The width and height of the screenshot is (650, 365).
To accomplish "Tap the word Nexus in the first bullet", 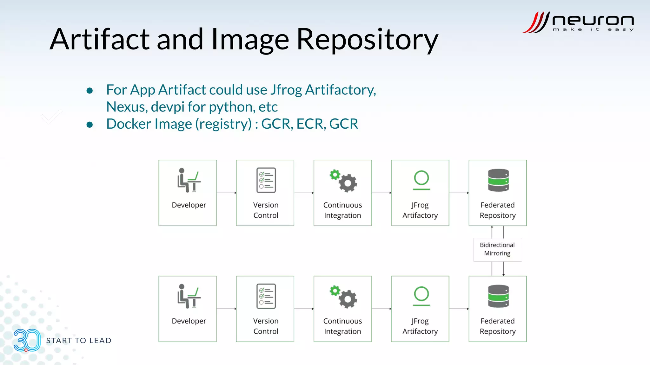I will (x=125, y=107).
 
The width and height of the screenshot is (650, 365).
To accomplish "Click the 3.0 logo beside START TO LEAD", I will (x=27, y=340).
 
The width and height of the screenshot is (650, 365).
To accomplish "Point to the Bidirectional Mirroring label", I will (x=497, y=249).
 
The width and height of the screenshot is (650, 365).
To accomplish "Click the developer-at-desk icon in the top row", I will (x=189, y=180).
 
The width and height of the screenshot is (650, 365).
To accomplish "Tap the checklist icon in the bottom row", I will (x=266, y=296).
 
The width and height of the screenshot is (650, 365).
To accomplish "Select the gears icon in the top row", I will (x=343, y=181).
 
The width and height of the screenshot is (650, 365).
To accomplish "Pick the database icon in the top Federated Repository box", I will (x=498, y=180).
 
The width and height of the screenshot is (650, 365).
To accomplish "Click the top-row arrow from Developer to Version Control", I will (x=226, y=193).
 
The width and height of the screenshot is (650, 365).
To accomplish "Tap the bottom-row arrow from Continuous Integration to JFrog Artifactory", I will (x=381, y=309).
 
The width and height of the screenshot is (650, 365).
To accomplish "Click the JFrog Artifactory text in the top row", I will (x=420, y=210).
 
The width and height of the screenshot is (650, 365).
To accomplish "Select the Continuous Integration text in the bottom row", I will (x=342, y=326).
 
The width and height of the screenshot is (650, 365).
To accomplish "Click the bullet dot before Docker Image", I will (x=90, y=125).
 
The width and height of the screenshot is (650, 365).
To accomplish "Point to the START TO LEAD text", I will (x=79, y=341).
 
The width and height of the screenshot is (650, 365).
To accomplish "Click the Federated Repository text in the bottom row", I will (x=497, y=326).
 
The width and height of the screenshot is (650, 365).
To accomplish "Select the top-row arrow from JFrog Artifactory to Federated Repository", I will (x=459, y=193).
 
